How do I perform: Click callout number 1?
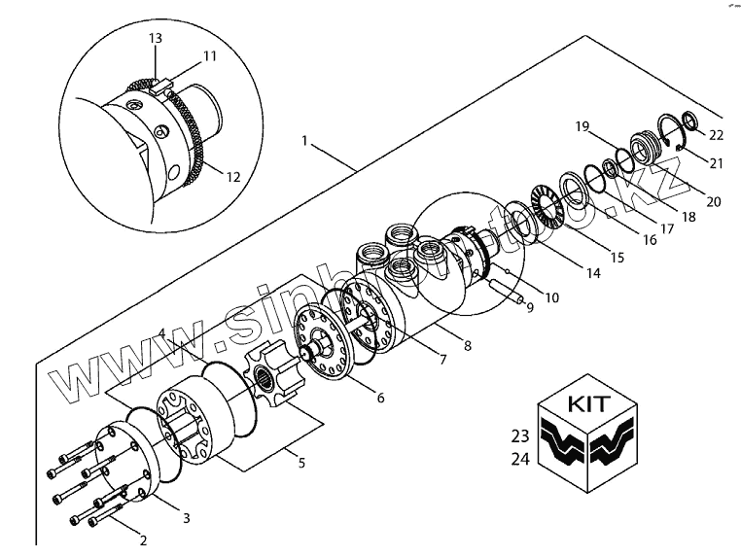(x=305, y=141)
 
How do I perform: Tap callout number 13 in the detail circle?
(x=155, y=38)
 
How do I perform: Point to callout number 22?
(x=716, y=133)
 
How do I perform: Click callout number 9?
(x=530, y=308)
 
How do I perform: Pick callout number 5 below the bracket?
(x=300, y=463)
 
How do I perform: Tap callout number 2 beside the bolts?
(x=142, y=540)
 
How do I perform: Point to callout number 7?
(x=442, y=360)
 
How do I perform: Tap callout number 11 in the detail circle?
(x=210, y=57)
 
